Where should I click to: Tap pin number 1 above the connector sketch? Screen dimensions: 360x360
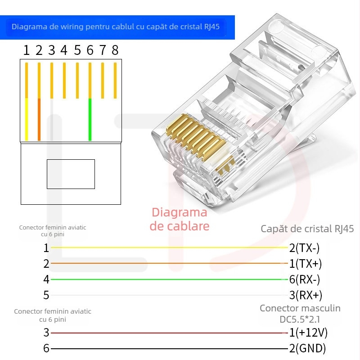tap(27, 50)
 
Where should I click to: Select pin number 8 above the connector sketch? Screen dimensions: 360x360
tap(115, 50)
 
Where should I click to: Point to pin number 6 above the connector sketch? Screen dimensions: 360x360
tap(90, 50)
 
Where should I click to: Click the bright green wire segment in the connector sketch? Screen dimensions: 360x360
tap(90, 119)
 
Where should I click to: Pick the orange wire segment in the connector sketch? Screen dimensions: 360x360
tap(39, 119)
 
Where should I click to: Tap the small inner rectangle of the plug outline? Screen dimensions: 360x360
tap(71, 174)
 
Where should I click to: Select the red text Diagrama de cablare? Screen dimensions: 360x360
tap(180, 219)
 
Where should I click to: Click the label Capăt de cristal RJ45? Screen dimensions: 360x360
tap(307, 229)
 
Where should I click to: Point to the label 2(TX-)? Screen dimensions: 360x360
tap(305, 248)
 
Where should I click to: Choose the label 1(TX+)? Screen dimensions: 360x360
tap(306, 264)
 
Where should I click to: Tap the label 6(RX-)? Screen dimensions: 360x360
tap(305, 279)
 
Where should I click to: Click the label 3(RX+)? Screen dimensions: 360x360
tap(306, 295)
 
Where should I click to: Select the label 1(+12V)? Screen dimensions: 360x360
tap(308, 333)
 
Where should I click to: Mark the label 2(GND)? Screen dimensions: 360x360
tap(307, 348)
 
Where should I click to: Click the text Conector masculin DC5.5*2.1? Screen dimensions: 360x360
tap(300, 314)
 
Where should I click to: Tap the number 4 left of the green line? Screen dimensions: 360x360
tap(46, 279)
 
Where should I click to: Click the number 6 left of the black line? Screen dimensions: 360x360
tap(46, 348)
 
